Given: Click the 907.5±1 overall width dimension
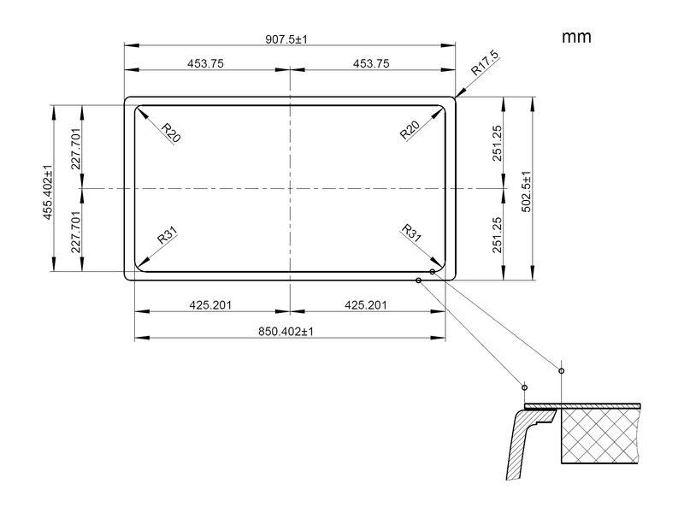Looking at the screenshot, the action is tap(286, 39).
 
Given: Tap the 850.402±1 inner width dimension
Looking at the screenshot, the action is tap(286, 332).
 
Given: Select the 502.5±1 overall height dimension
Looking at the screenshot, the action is tap(527, 192).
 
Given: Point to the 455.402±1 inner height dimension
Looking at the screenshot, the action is tap(47, 192).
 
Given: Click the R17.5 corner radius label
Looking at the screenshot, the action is tap(485, 63).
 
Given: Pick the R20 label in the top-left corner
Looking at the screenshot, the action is tap(170, 133).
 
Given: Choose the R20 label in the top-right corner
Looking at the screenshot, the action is tap(410, 130).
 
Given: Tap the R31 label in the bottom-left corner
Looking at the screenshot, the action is tap(168, 236).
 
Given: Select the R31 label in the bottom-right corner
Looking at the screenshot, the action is tap(411, 233).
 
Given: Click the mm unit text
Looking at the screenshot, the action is tap(576, 37).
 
